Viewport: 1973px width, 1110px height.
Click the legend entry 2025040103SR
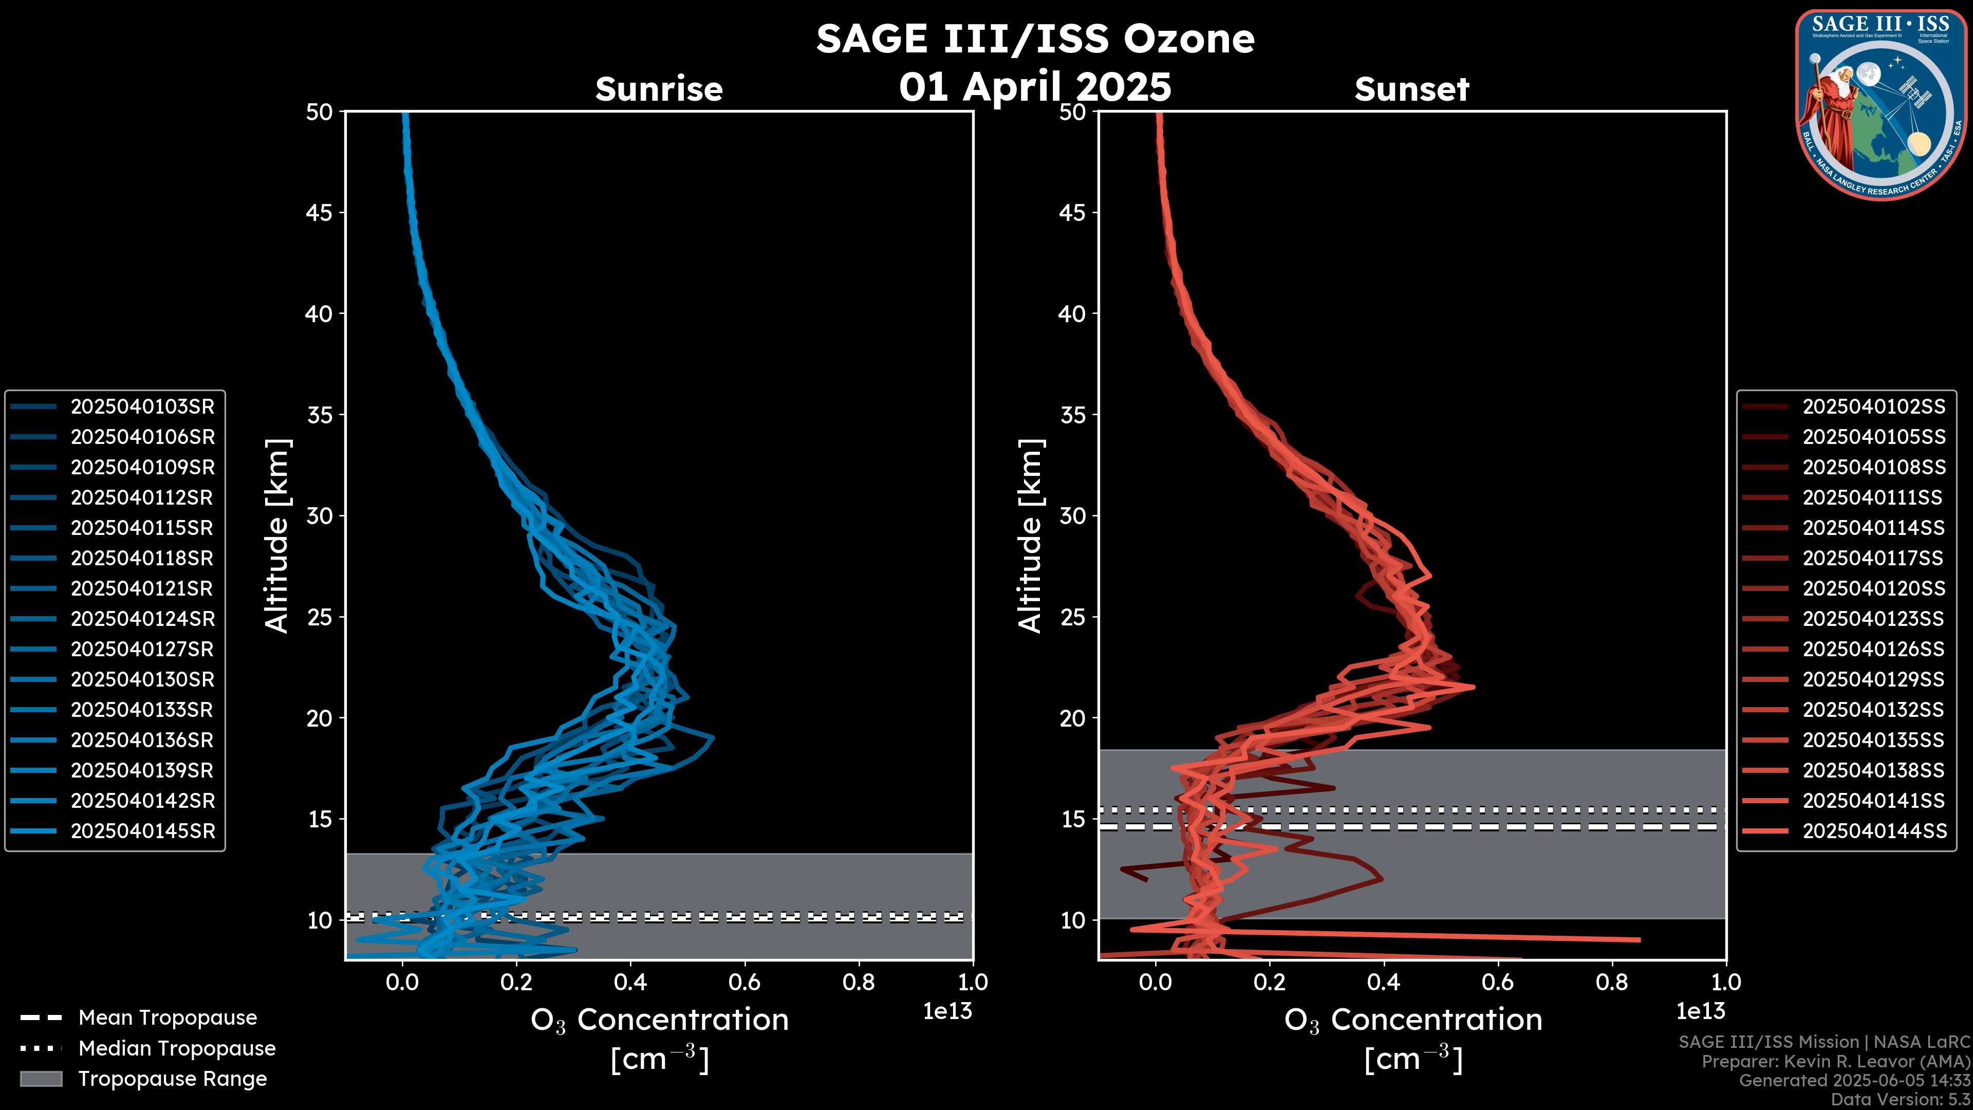coord(142,407)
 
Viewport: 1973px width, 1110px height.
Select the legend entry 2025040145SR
coord(142,831)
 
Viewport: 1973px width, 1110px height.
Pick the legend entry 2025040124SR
coord(142,619)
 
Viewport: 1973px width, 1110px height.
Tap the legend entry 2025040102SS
coord(1873,407)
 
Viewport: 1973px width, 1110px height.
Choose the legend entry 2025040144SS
coord(1873,831)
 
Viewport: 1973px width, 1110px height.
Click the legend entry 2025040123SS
coord(1873,619)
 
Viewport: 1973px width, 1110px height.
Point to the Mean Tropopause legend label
coord(167,1018)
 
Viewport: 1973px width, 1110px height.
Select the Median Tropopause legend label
coord(176,1049)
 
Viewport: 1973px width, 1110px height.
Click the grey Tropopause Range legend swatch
coord(41,1079)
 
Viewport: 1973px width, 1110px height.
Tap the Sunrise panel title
coord(659,89)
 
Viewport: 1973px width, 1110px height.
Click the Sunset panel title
coord(1411,89)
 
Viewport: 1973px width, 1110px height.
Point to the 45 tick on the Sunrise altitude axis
coord(320,213)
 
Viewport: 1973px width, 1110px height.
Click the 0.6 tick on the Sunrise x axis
coord(744,982)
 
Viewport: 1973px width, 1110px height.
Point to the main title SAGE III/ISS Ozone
coord(1035,39)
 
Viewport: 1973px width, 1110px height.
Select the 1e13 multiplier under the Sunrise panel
coord(947,1012)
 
